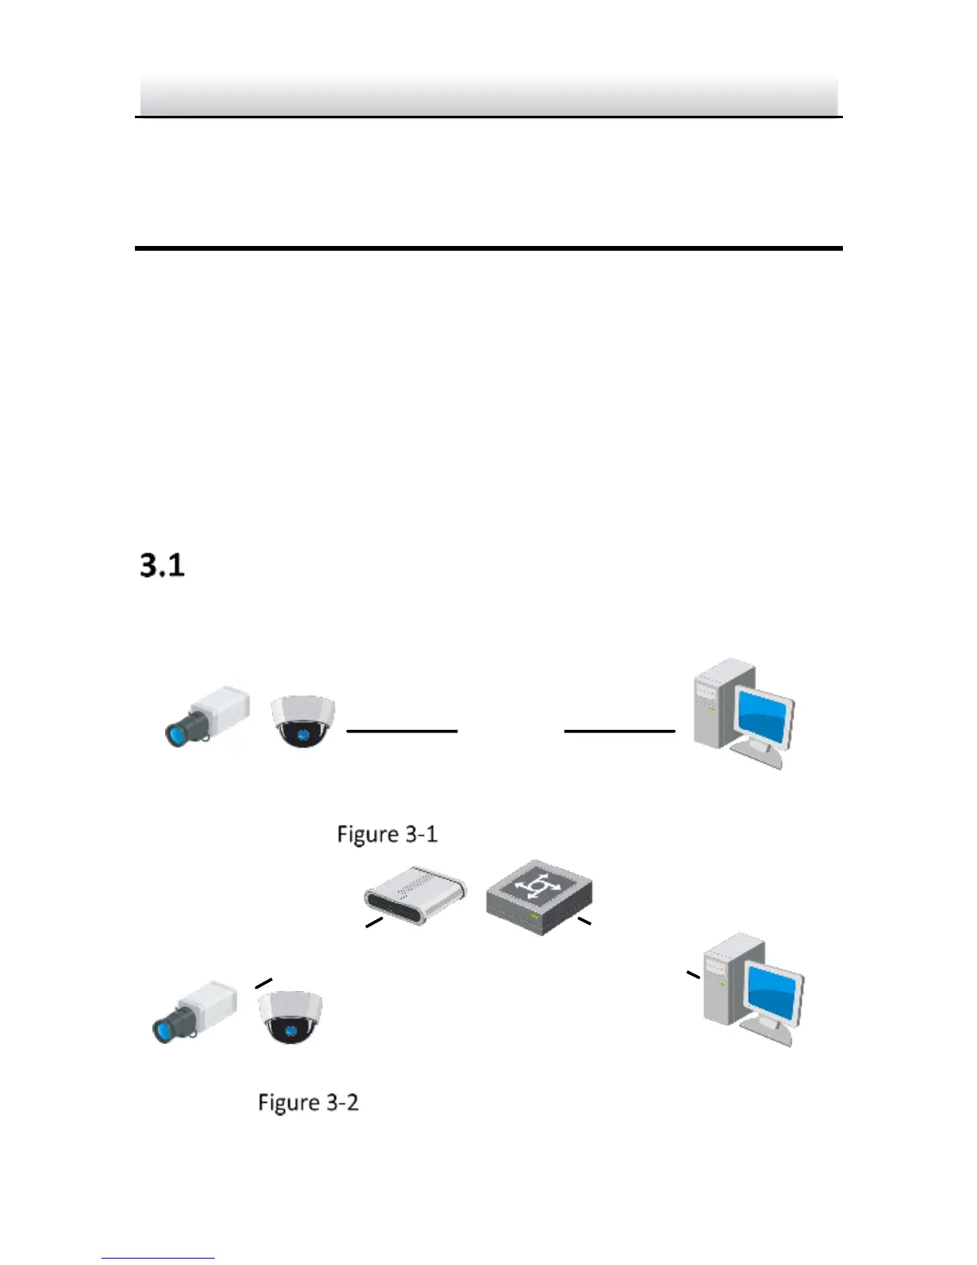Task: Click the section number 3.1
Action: tap(162, 565)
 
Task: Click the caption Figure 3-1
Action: tap(387, 835)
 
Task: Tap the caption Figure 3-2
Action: tap(308, 1103)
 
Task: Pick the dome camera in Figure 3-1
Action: tap(303, 721)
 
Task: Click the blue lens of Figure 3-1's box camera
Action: tap(176, 732)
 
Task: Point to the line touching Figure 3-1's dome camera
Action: tap(401, 731)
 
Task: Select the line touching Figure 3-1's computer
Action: tap(619, 731)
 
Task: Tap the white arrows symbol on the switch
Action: tap(538, 886)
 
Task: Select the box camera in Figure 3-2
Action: tap(196, 1010)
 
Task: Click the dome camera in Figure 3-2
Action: tap(291, 1017)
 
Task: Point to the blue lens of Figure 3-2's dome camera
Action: tap(291, 1031)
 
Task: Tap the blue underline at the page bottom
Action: tap(158, 1258)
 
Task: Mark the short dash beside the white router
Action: tap(374, 922)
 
